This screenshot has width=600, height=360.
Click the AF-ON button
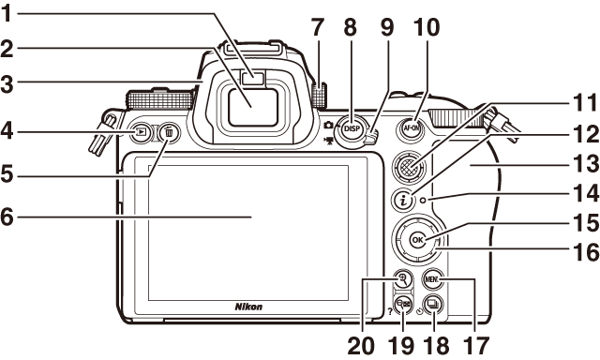click(412, 128)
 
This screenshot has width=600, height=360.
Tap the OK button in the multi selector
click(417, 240)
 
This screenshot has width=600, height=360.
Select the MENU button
click(432, 279)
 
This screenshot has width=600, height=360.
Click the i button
click(403, 200)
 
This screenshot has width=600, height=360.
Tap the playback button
click(142, 132)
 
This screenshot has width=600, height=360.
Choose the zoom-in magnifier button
click(402, 279)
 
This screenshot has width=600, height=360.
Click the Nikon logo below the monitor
click(248, 307)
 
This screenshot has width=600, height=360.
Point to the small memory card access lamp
click(423, 200)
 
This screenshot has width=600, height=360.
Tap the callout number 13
click(585, 164)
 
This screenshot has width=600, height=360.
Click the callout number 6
click(7, 217)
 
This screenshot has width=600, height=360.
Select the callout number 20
click(361, 347)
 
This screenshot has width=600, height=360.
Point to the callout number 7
click(318, 27)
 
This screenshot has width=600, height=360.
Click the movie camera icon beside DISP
click(328, 142)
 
